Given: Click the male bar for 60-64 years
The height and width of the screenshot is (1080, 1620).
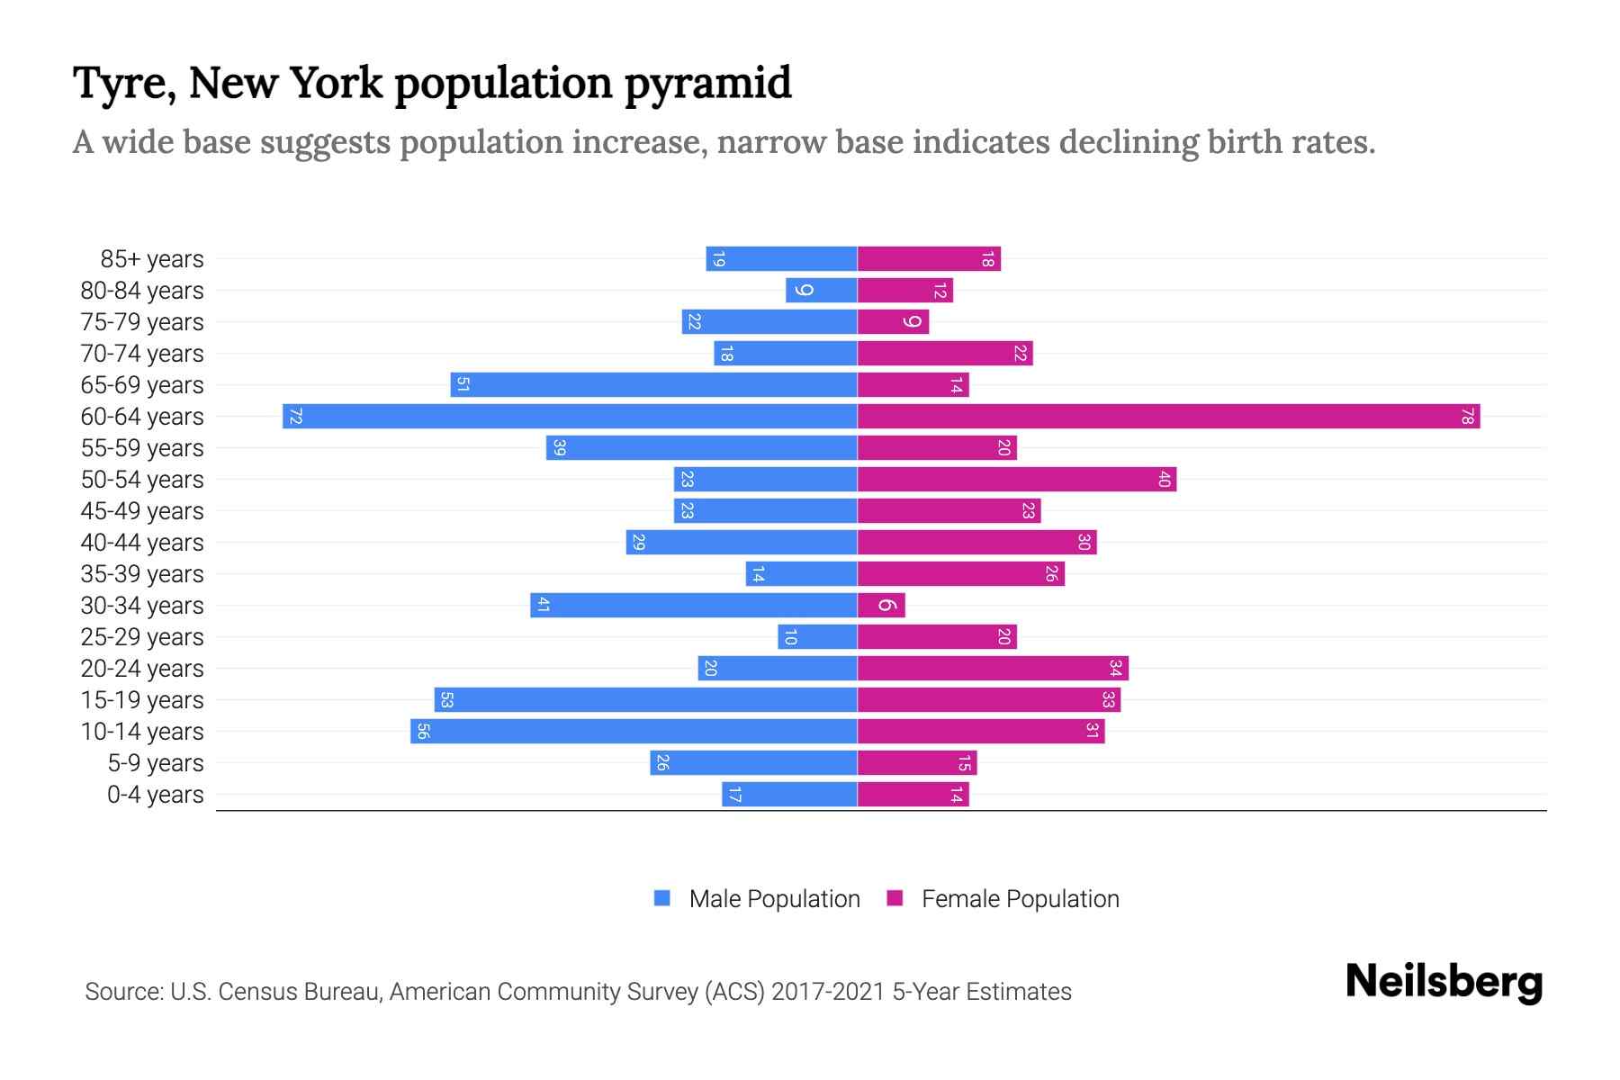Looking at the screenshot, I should (x=570, y=417).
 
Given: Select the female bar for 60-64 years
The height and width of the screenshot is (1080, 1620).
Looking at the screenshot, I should (x=1168, y=417).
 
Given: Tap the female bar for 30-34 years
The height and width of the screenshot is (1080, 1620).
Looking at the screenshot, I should (x=881, y=606).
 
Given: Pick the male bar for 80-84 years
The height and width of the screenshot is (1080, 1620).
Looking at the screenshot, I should (x=821, y=291).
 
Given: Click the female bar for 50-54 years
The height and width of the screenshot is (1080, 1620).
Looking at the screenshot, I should (x=1017, y=480).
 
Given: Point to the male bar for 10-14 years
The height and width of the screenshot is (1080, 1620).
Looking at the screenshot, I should (x=634, y=732).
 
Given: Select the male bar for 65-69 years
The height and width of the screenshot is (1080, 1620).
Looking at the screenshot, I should (x=653, y=385).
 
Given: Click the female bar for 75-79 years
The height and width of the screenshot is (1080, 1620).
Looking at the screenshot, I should (x=893, y=322).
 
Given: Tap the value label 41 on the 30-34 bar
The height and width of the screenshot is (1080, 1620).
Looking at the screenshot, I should (x=543, y=606).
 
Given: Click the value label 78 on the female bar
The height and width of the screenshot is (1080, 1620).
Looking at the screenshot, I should (x=1467, y=417).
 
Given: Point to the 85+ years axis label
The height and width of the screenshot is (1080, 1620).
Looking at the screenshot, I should (x=152, y=259).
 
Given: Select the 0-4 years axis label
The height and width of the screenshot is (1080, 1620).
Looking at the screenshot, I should (x=155, y=795).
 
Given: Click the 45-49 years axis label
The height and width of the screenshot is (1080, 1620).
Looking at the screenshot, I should (x=142, y=511).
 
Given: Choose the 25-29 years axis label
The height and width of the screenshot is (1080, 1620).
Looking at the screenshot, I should (x=142, y=637).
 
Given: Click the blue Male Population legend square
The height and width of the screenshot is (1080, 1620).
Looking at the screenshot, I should (x=662, y=898).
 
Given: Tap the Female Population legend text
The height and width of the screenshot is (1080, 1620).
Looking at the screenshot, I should (x=1020, y=899).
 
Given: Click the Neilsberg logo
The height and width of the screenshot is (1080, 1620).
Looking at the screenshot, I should (x=1444, y=982).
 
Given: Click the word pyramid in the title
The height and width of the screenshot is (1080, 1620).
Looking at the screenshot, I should (x=708, y=84).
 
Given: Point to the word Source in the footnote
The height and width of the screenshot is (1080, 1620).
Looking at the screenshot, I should (x=122, y=992).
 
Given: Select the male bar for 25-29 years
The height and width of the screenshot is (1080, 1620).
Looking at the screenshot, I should (x=817, y=637).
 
